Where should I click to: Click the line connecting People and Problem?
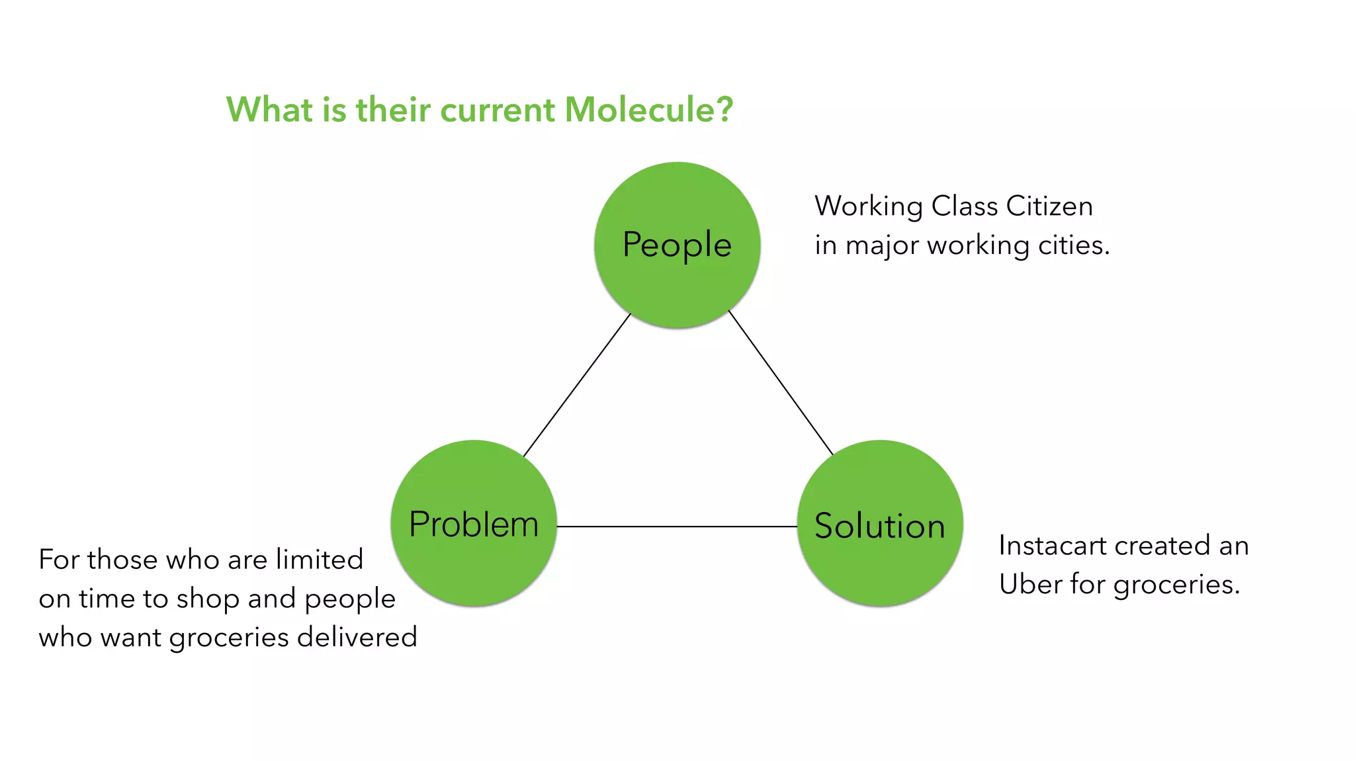(x=577, y=385)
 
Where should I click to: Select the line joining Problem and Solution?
(x=677, y=527)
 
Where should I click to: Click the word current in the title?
(x=498, y=109)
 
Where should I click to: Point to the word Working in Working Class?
(x=868, y=206)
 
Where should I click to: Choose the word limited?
(x=320, y=559)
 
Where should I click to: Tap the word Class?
(x=965, y=206)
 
